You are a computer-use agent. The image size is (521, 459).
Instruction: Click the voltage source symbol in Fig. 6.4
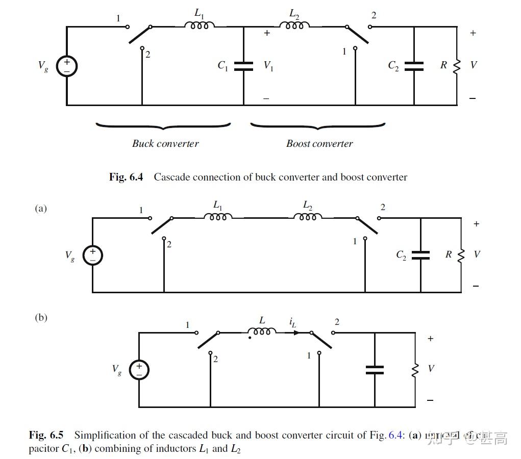66,66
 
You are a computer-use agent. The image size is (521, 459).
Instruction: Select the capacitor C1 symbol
243,66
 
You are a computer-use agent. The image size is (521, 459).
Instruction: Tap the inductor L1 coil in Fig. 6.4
199,25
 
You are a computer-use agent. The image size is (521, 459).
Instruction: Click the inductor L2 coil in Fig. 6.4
294,25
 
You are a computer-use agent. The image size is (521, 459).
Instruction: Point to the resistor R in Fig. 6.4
457,65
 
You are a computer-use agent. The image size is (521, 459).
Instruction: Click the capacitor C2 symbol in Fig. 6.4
414,66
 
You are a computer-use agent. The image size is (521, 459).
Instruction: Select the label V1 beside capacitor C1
268,66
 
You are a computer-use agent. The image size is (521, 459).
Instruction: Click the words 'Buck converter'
165,143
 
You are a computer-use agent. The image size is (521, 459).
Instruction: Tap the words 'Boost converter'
319,143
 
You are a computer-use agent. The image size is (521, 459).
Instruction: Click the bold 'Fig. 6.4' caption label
126,177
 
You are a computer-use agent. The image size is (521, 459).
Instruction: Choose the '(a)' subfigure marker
41,208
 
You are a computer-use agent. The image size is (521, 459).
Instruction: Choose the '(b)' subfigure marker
41,317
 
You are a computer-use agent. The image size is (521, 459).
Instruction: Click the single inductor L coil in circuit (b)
262,331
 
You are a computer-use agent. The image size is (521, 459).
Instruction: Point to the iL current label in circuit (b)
292,322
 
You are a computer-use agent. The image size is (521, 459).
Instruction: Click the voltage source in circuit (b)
139,370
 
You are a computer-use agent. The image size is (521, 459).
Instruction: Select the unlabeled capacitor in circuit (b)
375,370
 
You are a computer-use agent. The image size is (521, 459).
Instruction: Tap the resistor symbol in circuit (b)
415,369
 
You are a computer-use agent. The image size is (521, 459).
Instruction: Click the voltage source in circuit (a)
93,256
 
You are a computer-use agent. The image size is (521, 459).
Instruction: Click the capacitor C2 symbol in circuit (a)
420,255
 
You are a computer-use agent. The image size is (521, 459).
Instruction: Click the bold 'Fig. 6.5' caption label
46,435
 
